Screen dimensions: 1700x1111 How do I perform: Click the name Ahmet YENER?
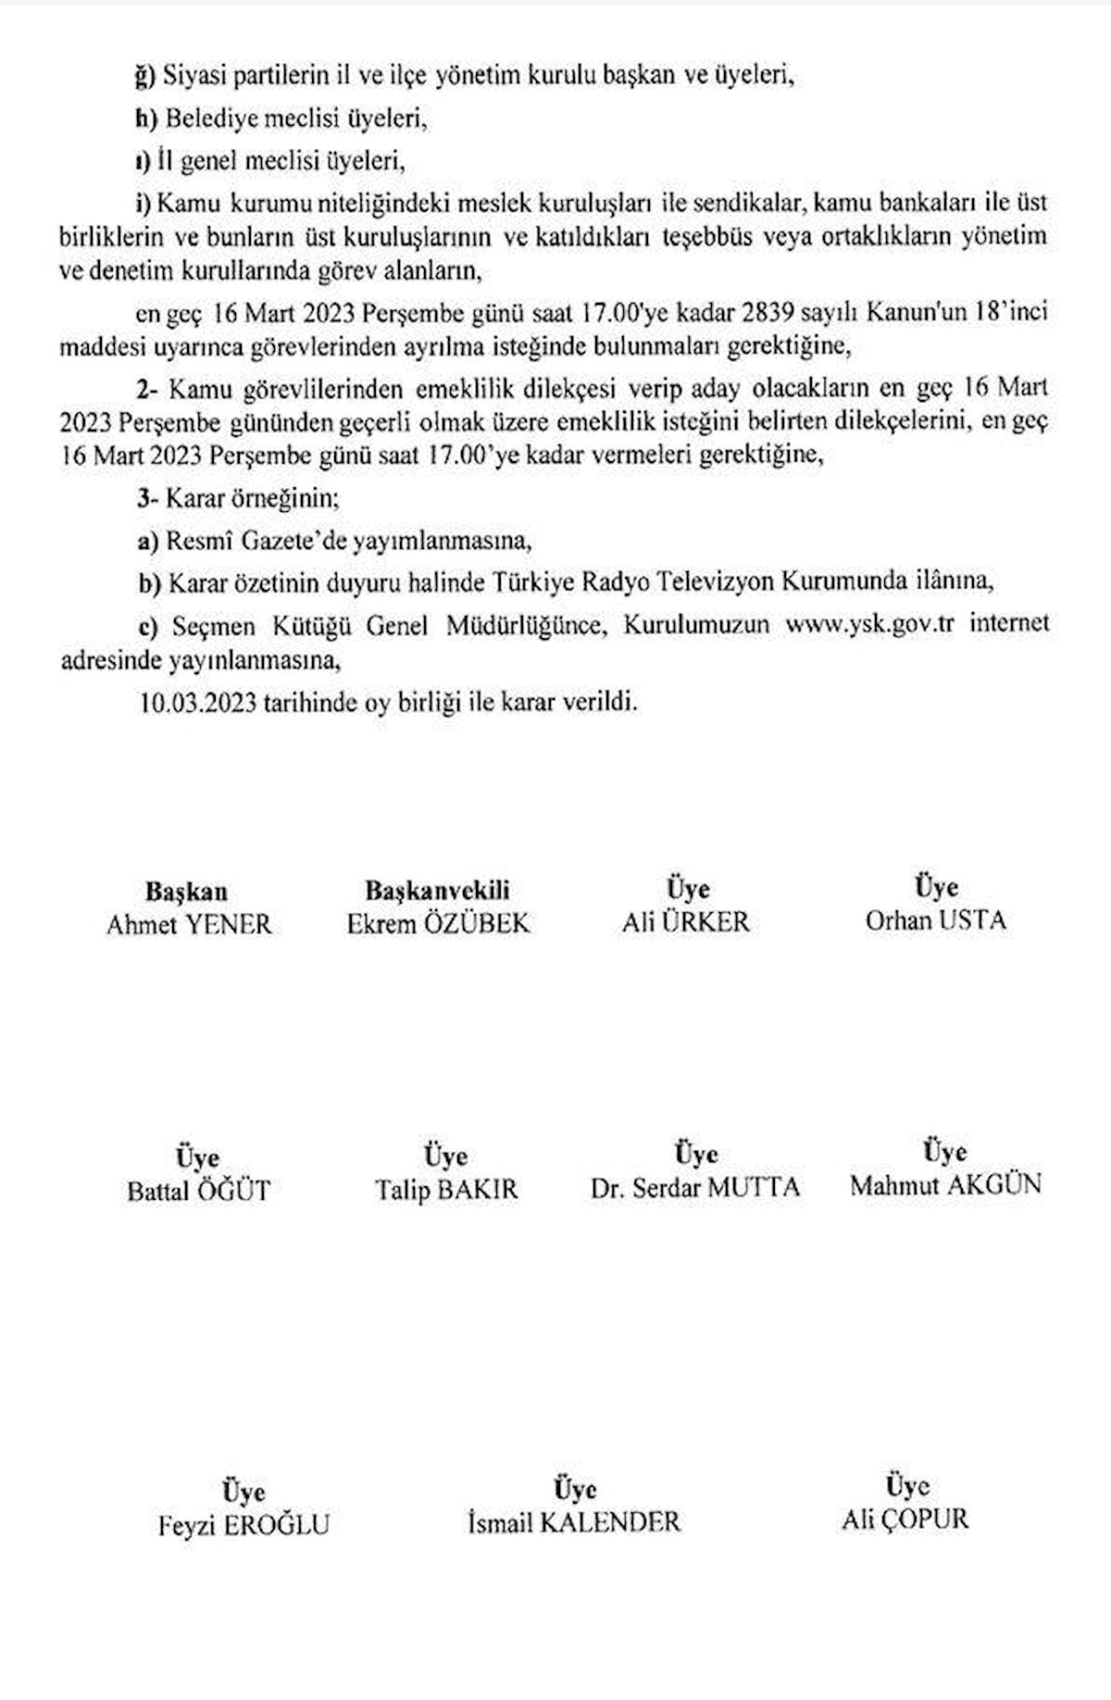point(189,924)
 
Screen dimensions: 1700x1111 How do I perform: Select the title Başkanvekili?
point(437,891)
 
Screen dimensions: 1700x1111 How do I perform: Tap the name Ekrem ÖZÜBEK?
point(438,923)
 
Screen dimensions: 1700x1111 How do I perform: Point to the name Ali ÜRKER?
point(685,922)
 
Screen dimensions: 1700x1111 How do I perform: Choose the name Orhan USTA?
point(935,920)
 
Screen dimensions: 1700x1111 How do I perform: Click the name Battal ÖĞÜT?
point(198,1191)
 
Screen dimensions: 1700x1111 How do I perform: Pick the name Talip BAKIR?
point(446,1190)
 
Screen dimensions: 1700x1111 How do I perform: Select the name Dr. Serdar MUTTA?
point(694,1188)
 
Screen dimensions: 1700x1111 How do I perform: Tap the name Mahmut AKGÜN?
point(945,1185)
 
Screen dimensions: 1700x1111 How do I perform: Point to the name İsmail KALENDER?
point(574,1522)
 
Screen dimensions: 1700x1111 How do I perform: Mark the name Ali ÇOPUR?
point(905,1519)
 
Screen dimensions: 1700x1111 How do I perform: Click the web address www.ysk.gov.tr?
point(869,624)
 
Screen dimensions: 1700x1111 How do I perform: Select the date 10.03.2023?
point(197,703)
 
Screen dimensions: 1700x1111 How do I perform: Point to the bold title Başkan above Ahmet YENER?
point(186,892)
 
